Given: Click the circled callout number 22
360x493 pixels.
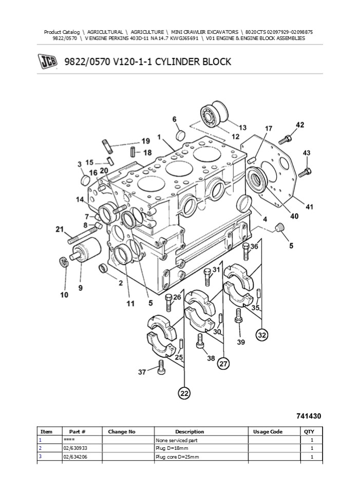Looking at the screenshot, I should (184, 393).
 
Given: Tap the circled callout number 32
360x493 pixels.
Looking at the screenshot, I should (262, 335).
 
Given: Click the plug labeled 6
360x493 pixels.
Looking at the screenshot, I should (180, 136).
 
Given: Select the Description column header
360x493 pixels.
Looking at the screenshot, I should (190, 432).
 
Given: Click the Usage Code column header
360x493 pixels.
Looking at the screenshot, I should (268, 432).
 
